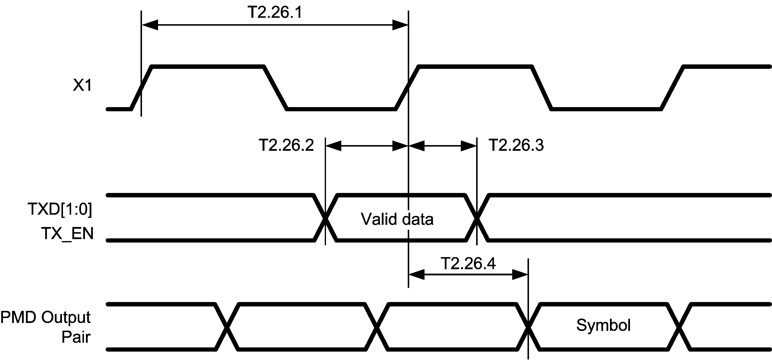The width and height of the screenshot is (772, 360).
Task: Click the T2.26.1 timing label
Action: [x=275, y=13]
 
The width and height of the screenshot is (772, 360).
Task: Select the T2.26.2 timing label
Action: [x=286, y=145]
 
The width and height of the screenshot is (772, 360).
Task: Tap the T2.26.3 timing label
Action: [x=516, y=145]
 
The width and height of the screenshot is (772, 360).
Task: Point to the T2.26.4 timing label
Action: [x=468, y=264]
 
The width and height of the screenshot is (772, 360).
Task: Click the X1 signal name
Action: [x=82, y=86]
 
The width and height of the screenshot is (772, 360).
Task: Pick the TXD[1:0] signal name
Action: [x=60, y=209]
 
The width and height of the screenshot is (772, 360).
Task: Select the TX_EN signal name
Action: [x=67, y=234]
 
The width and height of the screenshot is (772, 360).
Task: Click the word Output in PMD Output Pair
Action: [x=66, y=318]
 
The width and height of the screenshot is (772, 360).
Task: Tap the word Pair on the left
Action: [x=76, y=337]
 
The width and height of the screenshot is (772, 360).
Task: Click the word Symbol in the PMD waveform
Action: [x=603, y=325]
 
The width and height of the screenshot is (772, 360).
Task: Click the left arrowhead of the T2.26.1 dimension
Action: [x=150, y=25]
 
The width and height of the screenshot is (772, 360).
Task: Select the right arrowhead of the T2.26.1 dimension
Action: [x=400, y=25]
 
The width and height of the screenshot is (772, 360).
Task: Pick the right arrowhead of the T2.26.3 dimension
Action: [x=468, y=146]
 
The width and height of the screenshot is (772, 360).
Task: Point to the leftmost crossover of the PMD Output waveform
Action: [x=227, y=327]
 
